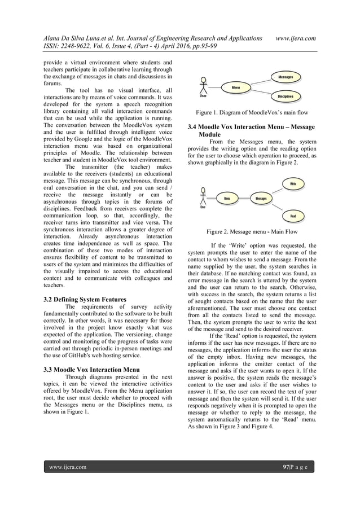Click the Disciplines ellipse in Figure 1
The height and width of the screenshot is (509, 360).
[x=285, y=96]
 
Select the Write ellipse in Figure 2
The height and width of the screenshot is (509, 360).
[x=293, y=184]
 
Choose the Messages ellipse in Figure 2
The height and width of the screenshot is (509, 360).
[x=261, y=199]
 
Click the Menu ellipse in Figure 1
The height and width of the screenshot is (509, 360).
[x=236, y=87]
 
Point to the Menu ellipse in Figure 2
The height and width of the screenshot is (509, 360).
[x=227, y=199]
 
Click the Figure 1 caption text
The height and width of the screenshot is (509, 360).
[x=252, y=113]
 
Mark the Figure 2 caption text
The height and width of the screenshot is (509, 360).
[x=252, y=232]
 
